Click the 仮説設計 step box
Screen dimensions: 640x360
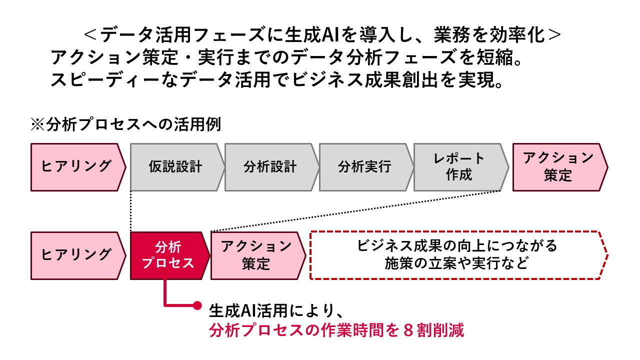175,167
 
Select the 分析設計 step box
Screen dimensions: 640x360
270,167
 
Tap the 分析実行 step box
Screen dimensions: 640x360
364,167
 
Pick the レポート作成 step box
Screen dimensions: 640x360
459,167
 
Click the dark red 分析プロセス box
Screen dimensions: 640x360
168,255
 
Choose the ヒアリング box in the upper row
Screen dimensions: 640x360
76,167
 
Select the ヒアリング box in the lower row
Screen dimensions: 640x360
76,255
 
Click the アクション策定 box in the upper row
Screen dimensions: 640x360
558,167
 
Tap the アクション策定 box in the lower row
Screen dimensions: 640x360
256,255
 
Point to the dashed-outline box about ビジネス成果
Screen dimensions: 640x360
457,255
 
